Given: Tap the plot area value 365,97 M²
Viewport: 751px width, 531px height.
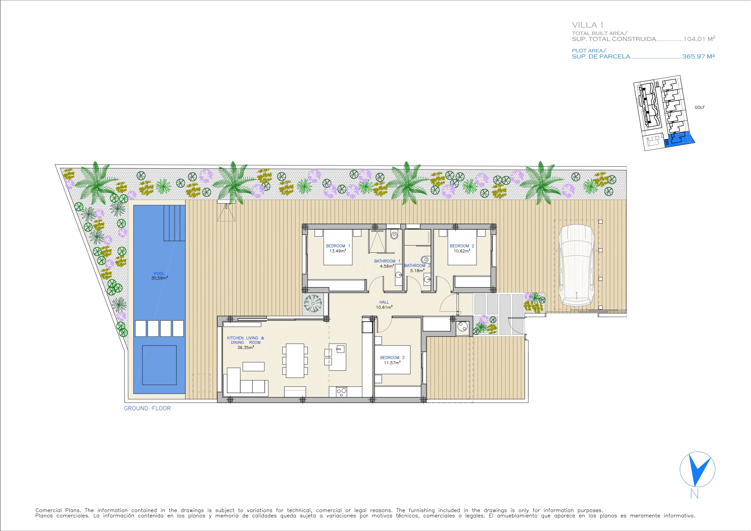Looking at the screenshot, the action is click(x=698, y=56).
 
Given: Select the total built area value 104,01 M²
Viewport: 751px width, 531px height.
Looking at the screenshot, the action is click(x=699, y=39).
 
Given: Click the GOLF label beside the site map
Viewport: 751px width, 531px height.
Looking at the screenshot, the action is click(x=700, y=107).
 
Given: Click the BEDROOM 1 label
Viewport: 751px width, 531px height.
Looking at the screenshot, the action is click(x=338, y=246).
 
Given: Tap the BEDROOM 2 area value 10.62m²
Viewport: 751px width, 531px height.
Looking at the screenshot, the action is click(x=462, y=251).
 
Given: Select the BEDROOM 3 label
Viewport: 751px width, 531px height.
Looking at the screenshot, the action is click(x=392, y=358).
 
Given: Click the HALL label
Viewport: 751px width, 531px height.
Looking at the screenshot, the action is click(x=384, y=302).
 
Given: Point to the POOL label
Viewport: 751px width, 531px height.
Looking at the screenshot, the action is click(x=159, y=274).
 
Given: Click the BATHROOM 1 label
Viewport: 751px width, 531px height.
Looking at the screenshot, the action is click(x=387, y=261).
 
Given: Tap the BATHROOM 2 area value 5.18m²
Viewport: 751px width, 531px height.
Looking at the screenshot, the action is click(x=417, y=270).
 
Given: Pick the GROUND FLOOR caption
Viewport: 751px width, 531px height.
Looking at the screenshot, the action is click(x=147, y=408).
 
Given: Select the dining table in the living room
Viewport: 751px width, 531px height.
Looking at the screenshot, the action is click(x=295, y=361).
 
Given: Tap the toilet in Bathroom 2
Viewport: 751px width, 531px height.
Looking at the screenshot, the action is click(x=425, y=260).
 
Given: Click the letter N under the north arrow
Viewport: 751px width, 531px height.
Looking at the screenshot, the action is click(x=694, y=494).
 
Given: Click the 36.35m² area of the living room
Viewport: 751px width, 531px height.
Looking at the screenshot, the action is click(x=245, y=347).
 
